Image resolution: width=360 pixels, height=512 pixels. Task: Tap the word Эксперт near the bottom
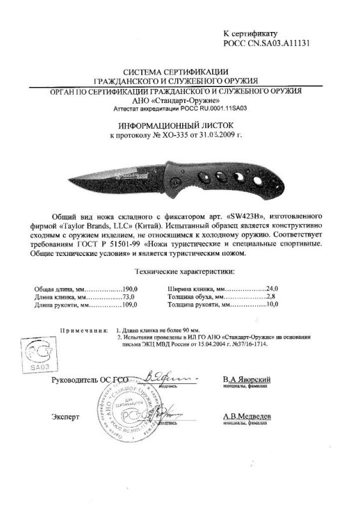65,417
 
